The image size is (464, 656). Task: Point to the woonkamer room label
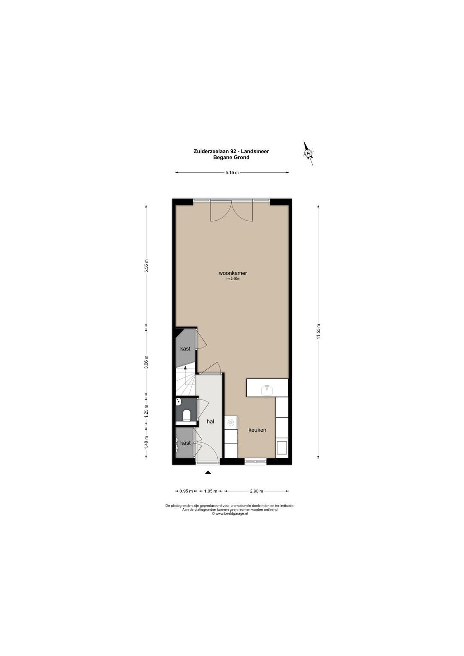pos(233,273)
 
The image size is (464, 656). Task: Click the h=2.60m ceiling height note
pos(233,279)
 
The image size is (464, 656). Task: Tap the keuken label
pos(257,430)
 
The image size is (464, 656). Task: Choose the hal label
pos(210,421)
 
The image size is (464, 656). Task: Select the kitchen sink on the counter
pos(267,390)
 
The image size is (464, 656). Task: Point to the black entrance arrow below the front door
pos(208,472)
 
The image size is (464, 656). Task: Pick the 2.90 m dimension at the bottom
pos(256,491)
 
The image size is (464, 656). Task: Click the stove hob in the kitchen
pos(231,422)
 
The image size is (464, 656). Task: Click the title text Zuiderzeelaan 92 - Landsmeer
pos(231,151)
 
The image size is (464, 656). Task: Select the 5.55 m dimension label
pos(146,266)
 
